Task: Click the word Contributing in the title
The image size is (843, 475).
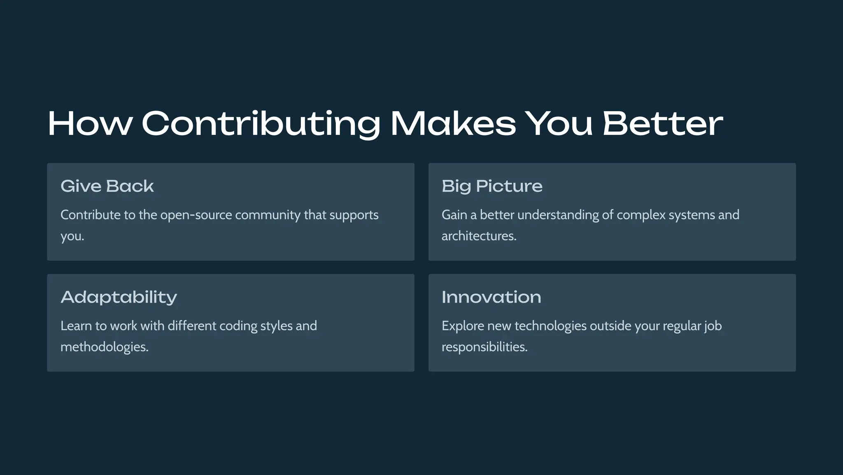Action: (261, 123)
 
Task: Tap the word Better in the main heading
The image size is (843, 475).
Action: (663, 123)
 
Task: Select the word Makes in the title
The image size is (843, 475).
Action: (453, 123)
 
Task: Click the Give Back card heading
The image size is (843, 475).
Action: (107, 186)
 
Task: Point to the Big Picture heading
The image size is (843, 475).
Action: (492, 186)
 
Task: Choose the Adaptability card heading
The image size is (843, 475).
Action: (119, 297)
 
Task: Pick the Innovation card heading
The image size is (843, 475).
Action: (491, 297)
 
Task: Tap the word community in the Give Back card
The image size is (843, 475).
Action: (268, 215)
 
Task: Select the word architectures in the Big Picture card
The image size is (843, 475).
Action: (479, 236)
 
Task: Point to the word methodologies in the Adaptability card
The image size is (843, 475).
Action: (104, 347)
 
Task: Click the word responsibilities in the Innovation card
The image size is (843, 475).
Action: (484, 347)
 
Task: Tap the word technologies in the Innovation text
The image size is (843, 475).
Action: (550, 326)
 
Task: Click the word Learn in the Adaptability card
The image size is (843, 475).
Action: (76, 326)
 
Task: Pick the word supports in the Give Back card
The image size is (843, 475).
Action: (354, 215)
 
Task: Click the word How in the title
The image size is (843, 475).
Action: (90, 123)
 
